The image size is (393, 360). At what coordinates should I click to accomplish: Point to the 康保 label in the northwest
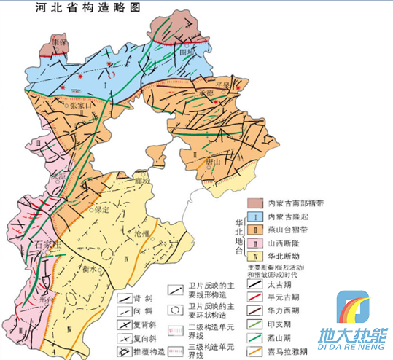48,43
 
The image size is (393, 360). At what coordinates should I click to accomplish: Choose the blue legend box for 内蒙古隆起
254,217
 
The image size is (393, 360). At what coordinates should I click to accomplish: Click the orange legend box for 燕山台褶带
254,230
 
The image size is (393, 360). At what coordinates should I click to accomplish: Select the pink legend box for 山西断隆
254,243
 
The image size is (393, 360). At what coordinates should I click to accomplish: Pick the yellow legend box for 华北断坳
254,257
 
